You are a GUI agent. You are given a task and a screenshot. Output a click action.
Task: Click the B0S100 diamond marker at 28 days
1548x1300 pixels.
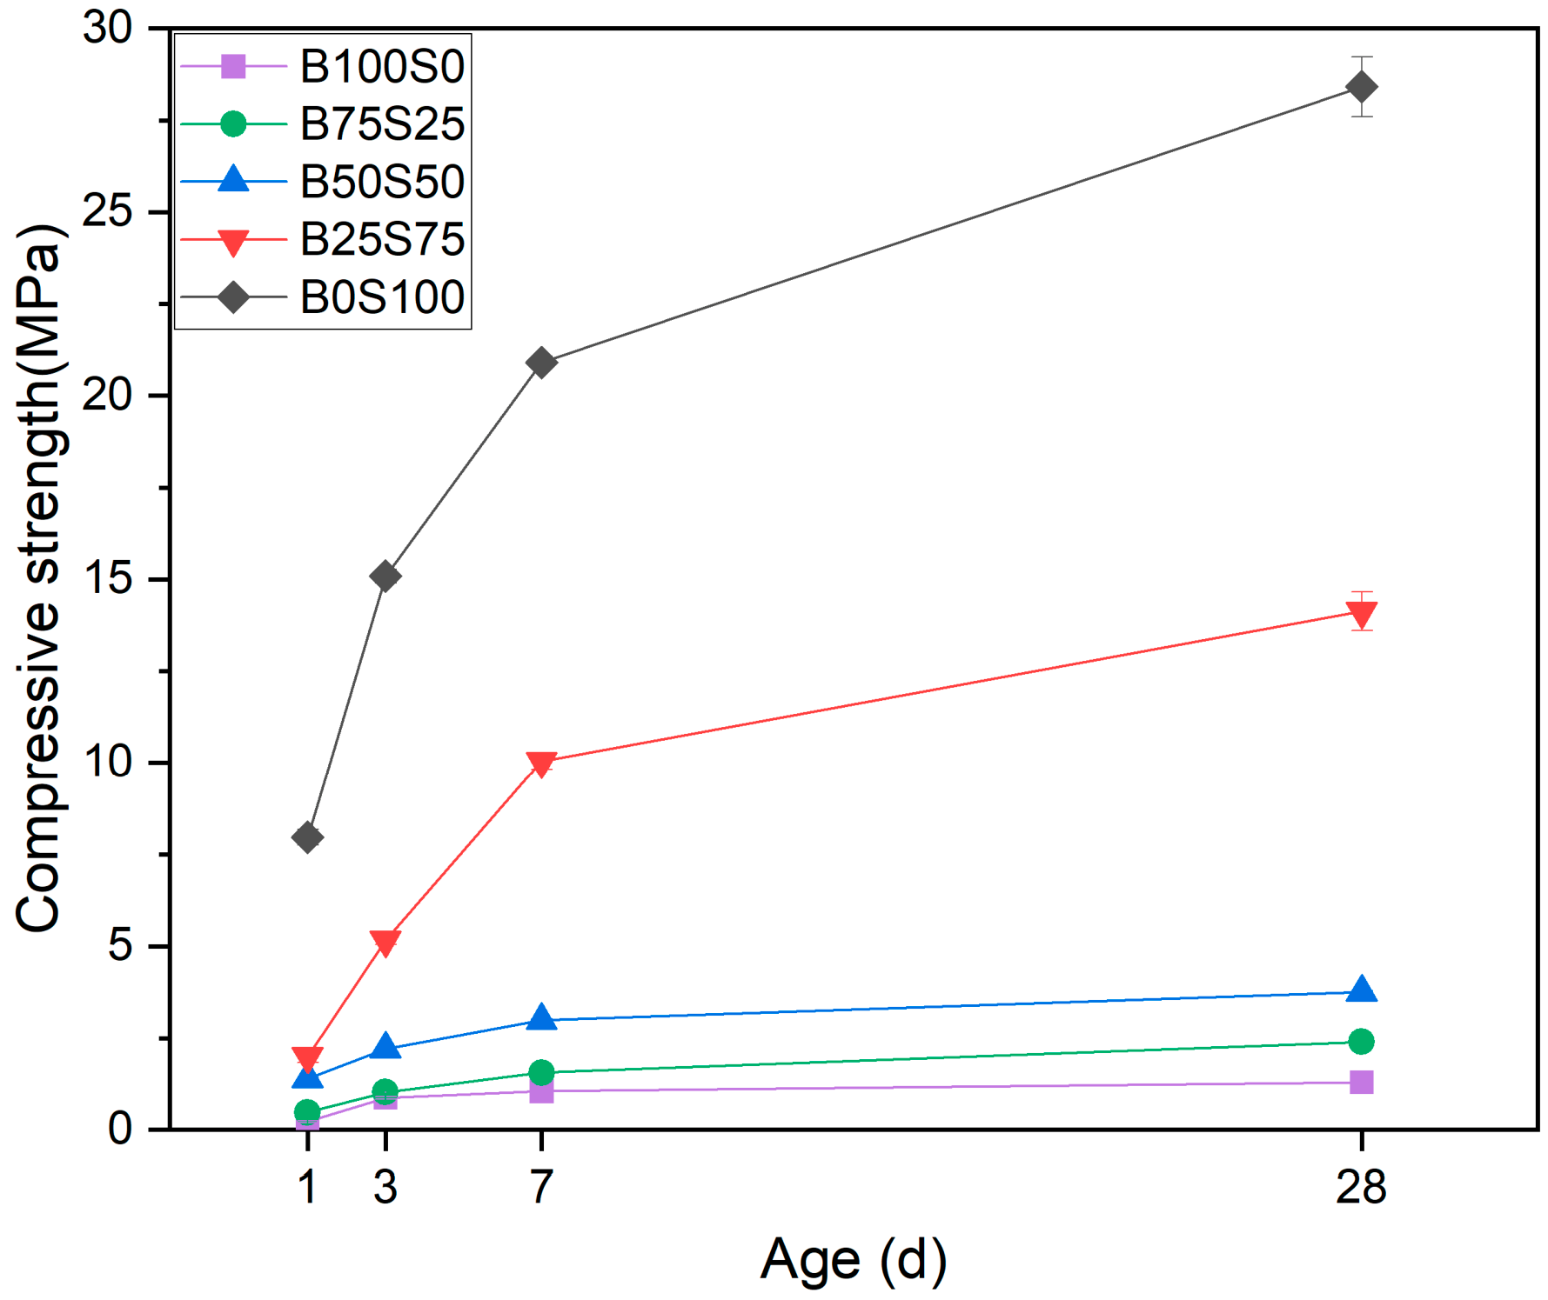pyautogui.click(x=1361, y=87)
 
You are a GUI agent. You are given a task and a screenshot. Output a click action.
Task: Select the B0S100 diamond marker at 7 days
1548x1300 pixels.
pyautogui.click(x=541, y=362)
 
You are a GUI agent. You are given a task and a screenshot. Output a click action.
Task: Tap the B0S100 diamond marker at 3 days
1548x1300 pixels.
pyautogui.click(x=385, y=576)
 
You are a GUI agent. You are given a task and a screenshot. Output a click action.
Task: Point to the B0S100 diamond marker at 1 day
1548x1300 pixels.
pyautogui.click(x=307, y=837)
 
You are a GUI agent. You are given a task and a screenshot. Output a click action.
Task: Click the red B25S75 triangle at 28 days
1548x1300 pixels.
pyautogui.click(x=1361, y=615)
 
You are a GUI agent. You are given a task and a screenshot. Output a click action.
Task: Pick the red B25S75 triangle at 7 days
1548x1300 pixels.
pyautogui.click(x=541, y=764)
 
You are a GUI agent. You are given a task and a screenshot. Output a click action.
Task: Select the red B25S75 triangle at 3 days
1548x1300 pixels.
pyautogui.click(x=385, y=943)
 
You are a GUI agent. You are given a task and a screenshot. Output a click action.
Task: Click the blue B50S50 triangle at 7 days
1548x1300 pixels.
pyautogui.click(x=541, y=1017)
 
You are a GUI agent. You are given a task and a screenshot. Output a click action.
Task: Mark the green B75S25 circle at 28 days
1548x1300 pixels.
pyautogui.click(x=1361, y=1041)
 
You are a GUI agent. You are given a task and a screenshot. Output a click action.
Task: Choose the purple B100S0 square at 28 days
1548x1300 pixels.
pyautogui.click(x=1361, y=1082)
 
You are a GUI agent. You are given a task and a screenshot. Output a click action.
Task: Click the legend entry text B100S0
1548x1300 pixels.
pyautogui.click(x=382, y=66)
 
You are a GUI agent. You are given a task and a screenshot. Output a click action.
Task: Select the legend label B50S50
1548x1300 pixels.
pyautogui.click(x=382, y=181)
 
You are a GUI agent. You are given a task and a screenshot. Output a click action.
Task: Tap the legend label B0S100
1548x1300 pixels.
pyautogui.click(x=382, y=297)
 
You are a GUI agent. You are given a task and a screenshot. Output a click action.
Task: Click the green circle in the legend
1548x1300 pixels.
pyautogui.click(x=233, y=124)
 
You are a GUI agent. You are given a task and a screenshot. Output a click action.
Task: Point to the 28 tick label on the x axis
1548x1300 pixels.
pyautogui.click(x=1361, y=1186)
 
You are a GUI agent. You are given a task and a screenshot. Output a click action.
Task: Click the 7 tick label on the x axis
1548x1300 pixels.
pyautogui.click(x=541, y=1186)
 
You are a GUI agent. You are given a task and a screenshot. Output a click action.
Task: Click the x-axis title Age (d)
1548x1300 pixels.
pyautogui.click(x=854, y=1260)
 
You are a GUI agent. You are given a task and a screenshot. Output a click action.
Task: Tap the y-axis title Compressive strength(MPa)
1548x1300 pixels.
pyautogui.click(x=39, y=578)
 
